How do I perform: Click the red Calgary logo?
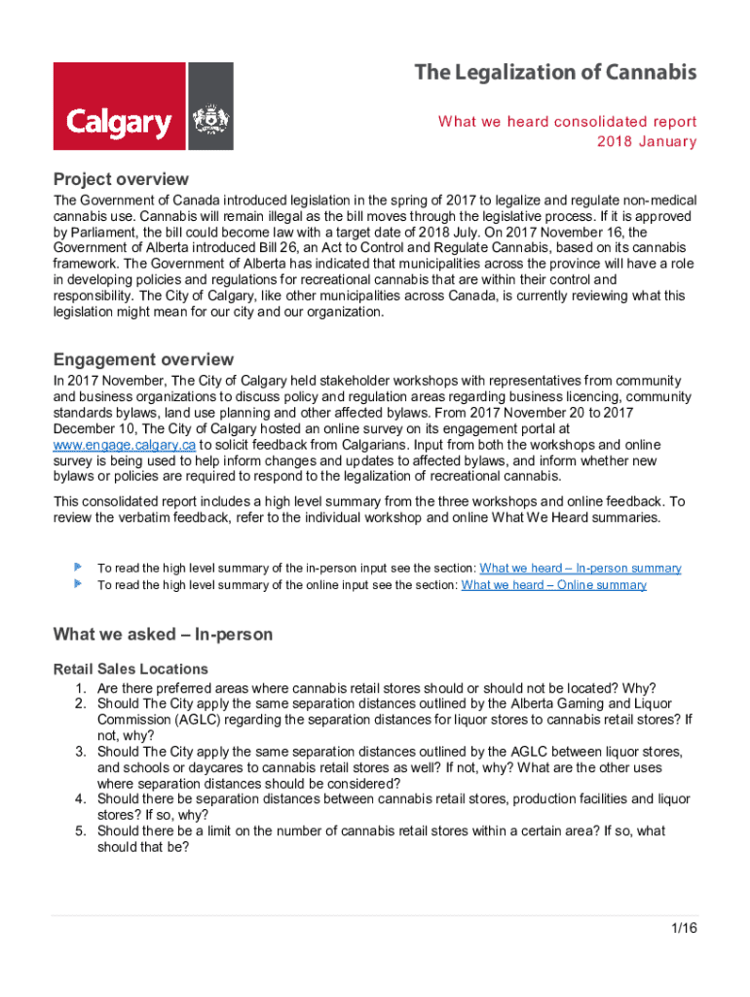119,106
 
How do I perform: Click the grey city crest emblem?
210,106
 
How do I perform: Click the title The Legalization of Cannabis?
555,73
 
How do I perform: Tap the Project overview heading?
121,179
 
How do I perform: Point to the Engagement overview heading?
143,359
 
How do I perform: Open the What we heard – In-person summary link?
581,568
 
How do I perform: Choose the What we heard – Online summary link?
553,585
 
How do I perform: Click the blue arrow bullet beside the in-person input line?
77,567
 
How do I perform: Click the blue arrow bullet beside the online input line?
77,584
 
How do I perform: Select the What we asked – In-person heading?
163,635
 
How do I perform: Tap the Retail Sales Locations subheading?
131,669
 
